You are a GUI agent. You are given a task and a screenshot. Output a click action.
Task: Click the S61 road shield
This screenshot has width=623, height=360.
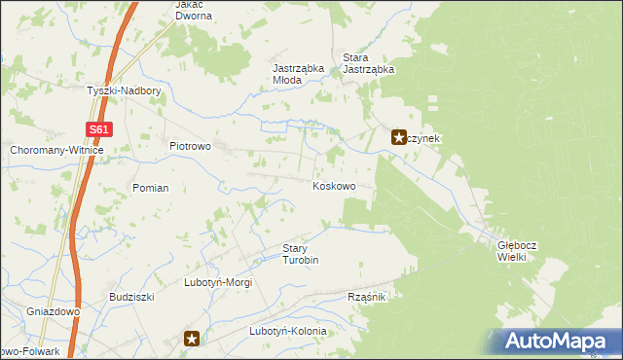pos(98,129)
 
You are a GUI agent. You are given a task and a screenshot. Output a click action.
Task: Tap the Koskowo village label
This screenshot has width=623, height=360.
pos(333,186)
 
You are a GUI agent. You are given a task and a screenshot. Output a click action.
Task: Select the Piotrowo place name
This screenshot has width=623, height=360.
pos(191,146)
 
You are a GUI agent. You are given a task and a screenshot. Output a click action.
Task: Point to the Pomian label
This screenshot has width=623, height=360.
pos(151,188)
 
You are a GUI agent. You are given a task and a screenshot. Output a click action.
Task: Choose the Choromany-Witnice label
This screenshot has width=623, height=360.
pos(55,151)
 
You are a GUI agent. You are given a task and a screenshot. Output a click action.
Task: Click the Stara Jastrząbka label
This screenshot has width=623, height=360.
pos(368,63)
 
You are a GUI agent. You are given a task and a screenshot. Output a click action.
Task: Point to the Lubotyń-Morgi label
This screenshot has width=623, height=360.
pos(218,283)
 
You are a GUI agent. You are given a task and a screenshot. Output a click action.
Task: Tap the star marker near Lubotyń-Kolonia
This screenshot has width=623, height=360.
pos(193,339)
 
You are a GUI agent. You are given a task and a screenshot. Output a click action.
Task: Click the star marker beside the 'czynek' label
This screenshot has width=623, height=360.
pos(399,138)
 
